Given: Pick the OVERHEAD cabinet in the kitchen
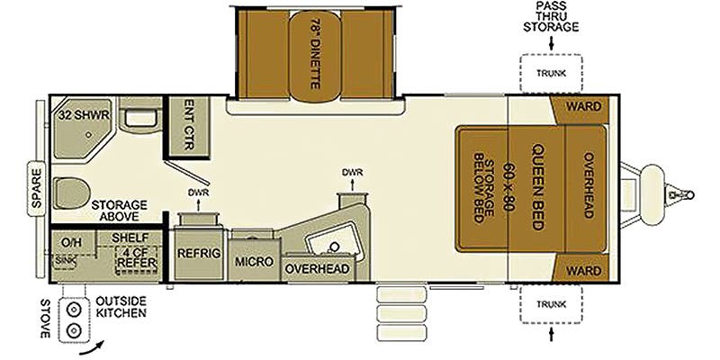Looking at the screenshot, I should [x=317, y=268].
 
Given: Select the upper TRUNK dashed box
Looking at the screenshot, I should [x=550, y=73].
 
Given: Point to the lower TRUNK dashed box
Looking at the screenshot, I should [x=550, y=304].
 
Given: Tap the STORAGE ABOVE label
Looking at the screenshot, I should [x=119, y=211].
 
